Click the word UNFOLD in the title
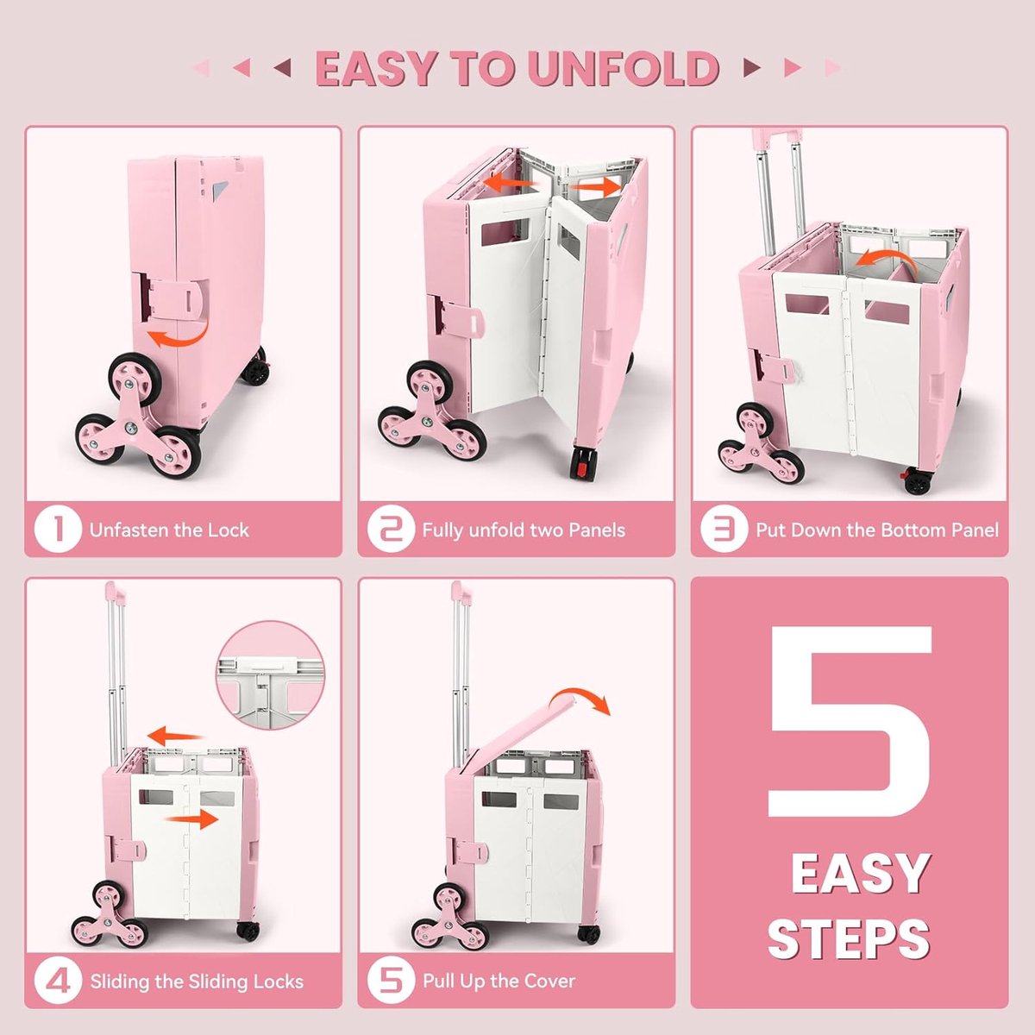pos(624,68)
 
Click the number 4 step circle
pos(58,981)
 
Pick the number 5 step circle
pos(391,981)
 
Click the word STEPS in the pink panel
pos(849,938)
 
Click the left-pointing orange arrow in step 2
pos(510,183)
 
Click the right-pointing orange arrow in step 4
pos(191,819)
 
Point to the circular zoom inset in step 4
pos(270,675)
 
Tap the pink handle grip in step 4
pos(116,591)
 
